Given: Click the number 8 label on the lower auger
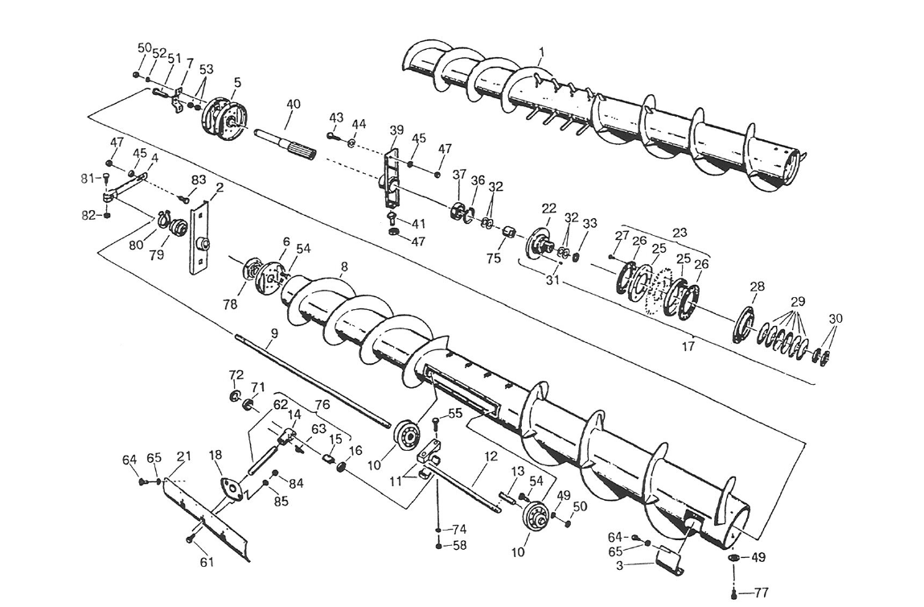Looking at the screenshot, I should pyautogui.click(x=344, y=266).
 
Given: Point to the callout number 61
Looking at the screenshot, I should pyautogui.click(x=207, y=562).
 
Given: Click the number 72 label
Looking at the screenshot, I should pyautogui.click(x=236, y=374).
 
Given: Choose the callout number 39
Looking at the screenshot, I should pyautogui.click(x=396, y=130).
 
